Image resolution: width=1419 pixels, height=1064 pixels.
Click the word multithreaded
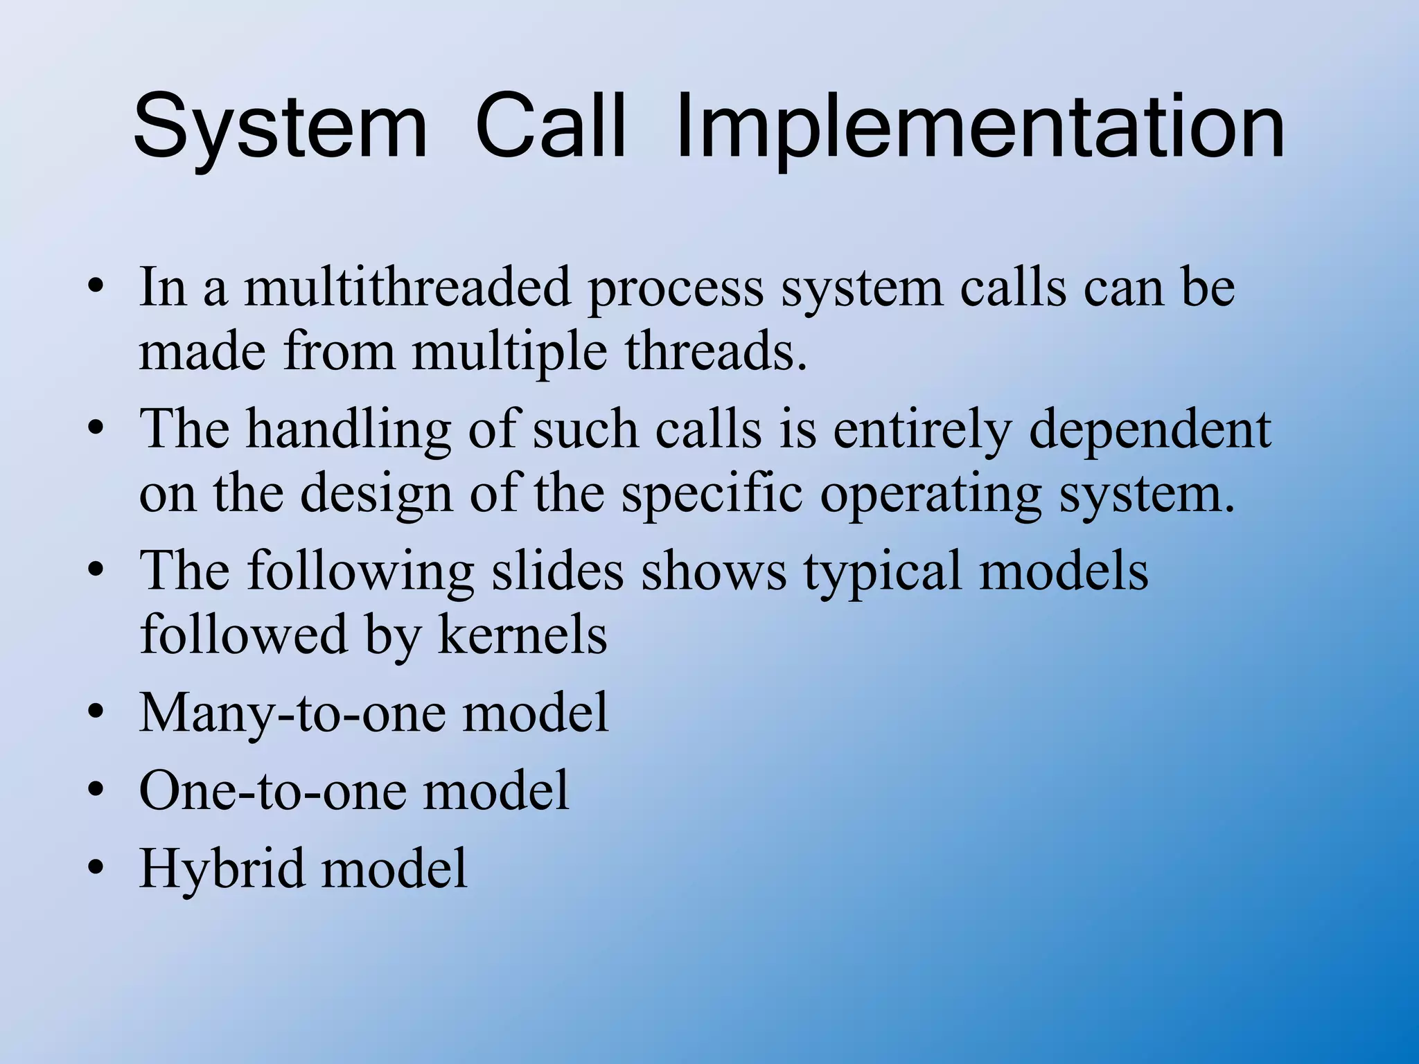(407, 287)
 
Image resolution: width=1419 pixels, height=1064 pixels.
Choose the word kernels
(522, 635)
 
